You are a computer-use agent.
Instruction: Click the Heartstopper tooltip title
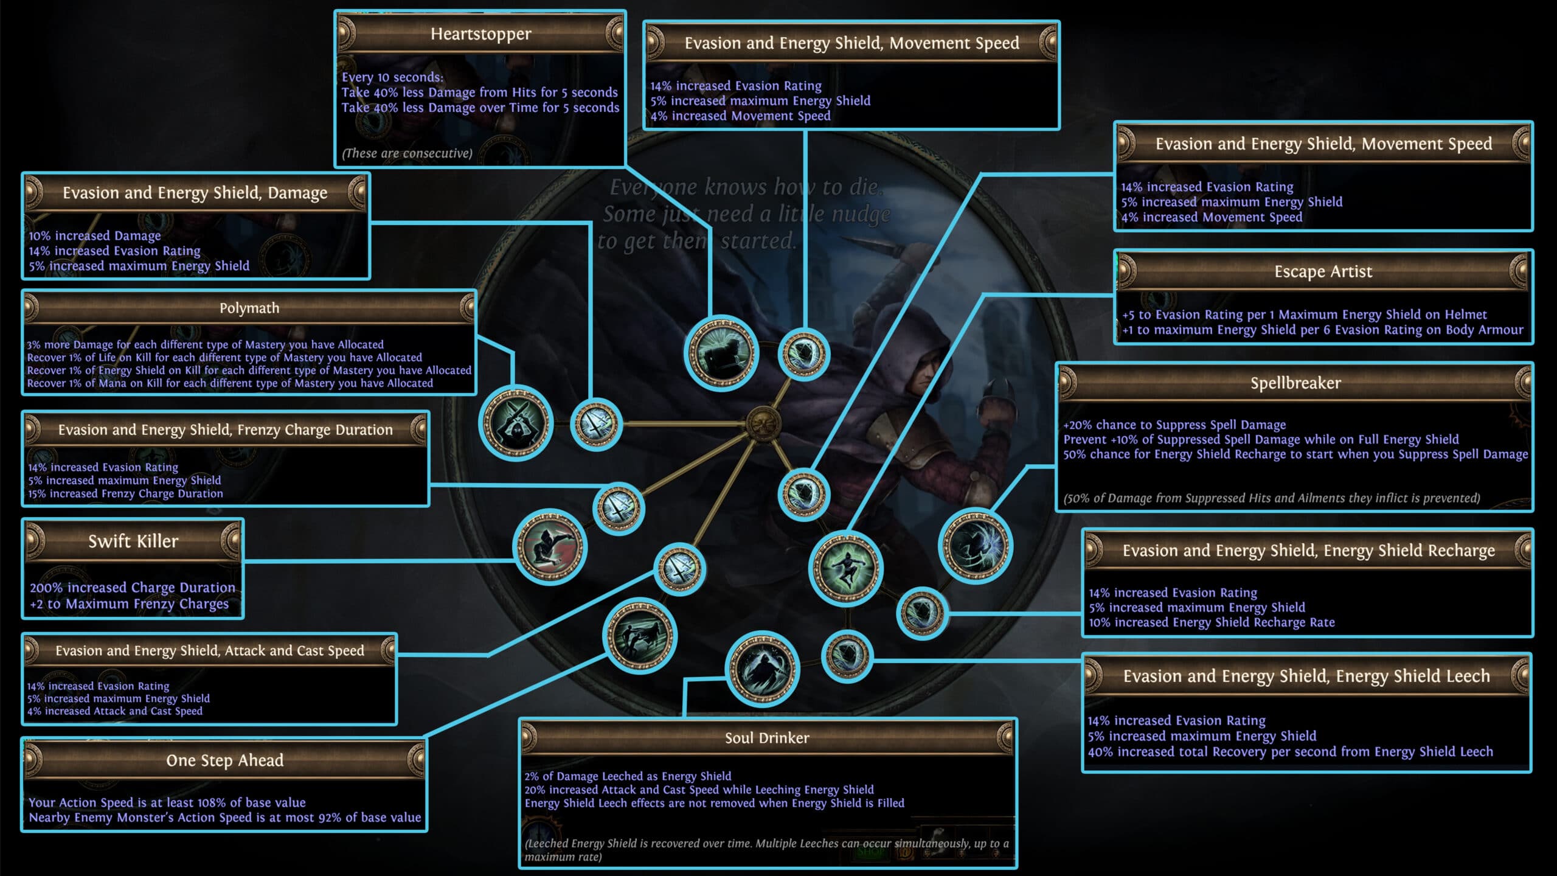tap(480, 34)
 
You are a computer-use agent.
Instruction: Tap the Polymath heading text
tap(249, 308)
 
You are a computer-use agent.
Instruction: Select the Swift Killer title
tap(133, 541)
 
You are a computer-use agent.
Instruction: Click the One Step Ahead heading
tap(225, 760)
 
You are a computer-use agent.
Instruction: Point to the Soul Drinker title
tap(767, 738)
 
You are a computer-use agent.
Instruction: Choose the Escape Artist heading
tap(1323, 271)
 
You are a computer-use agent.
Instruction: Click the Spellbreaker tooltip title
tap(1295, 383)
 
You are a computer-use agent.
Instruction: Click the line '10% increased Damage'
tap(95, 236)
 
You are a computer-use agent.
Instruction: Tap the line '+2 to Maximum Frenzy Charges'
tap(130, 604)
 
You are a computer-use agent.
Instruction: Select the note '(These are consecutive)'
tap(407, 153)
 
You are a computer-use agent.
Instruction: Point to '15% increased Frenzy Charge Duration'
tap(125, 494)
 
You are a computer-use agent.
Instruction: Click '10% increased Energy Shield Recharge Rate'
tap(1212, 622)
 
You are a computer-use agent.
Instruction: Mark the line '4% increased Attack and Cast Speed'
tap(115, 711)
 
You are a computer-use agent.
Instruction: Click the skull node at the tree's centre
tap(763, 423)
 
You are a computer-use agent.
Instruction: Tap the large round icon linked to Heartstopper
tap(721, 353)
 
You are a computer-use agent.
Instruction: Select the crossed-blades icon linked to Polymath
tap(516, 423)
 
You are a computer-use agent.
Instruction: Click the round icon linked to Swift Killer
tap(550, 546)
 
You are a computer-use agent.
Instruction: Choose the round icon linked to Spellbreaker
tap(975, 546)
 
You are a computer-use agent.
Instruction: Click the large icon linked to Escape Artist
tap(846, 568)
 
